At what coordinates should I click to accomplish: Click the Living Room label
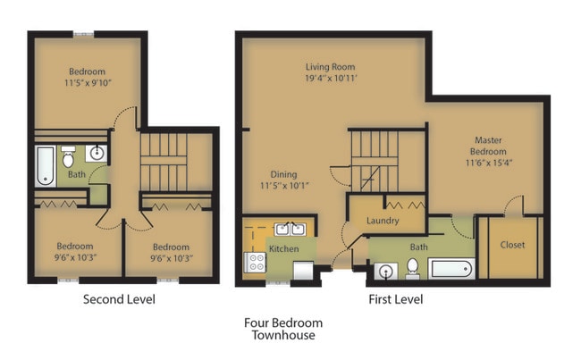[x=330, y=67]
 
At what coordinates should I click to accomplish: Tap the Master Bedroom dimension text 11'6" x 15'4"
[x=489, y=163]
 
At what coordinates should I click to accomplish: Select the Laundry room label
[x=383, y=221]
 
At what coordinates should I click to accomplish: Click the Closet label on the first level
[x=512, y=245]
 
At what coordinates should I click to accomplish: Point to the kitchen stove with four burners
[x=255, y=263]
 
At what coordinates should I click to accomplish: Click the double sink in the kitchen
[x=290, y=230]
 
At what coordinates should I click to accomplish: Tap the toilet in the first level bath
[x=412, y=269]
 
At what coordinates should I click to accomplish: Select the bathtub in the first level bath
[x=451, y=269]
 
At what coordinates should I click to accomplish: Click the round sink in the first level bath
[x=386, y=272]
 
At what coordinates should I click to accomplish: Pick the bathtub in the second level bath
[x=46, y=166]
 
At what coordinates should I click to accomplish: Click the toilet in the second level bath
[x=68, y=156]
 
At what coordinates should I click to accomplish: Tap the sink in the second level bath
[x=97, y=154]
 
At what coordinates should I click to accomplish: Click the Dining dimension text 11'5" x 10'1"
[x=284, y=186]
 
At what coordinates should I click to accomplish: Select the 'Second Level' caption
[x=119, y=299]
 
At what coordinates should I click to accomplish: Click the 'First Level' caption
[x=396, y=299]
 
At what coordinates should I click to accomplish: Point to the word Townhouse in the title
[x=283, y=335]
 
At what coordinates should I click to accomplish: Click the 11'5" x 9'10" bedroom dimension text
[x=88, y=83]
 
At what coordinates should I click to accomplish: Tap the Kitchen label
[x=284, y=249]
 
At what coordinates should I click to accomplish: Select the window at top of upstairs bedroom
[x=83, y=35]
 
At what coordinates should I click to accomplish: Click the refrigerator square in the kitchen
[x=304, y=271]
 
